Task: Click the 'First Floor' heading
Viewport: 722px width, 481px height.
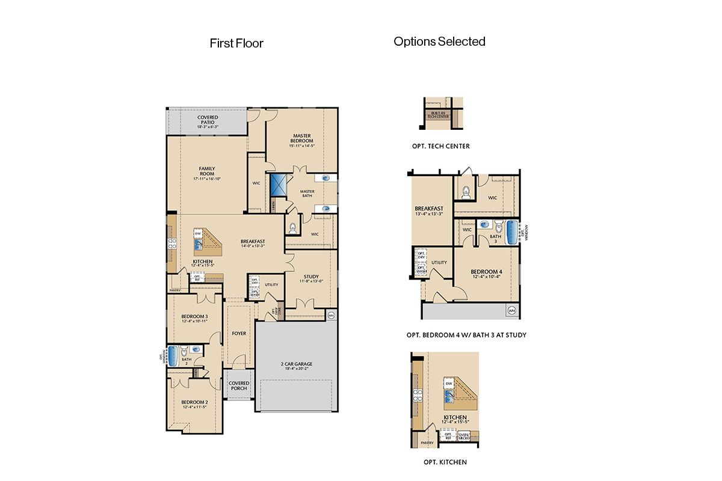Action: (236, 43)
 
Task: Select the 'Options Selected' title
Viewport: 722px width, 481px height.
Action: (439, 41)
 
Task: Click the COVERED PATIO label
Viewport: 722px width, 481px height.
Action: (208, 120)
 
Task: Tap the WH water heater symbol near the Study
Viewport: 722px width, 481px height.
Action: (330, 314)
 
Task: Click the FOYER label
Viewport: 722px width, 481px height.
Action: (239, 333)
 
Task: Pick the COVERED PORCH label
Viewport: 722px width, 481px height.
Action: (239, 385)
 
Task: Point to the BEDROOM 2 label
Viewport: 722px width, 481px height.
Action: (195, 402)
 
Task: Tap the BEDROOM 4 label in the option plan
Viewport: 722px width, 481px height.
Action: (487, 272)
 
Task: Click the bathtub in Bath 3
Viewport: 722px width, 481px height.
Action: (513, 233)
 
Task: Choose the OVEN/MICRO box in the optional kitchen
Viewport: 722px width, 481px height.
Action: (464, 437)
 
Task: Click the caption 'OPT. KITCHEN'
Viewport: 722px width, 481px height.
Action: (445, 462)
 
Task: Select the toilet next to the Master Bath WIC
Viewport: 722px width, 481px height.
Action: (293, 228)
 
